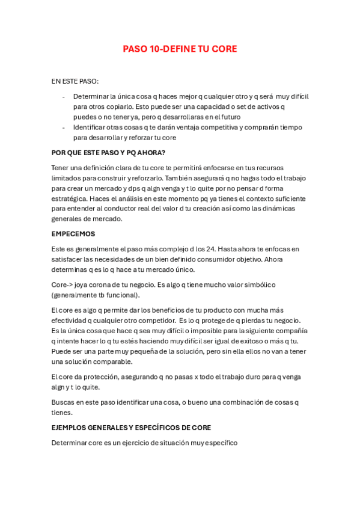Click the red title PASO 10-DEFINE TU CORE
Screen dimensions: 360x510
coord(180,49)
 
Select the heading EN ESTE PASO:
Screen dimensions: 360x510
coord(75,81)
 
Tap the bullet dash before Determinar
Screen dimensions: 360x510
coord(64,96)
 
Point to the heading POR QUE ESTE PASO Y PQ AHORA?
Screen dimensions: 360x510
coord(108,152)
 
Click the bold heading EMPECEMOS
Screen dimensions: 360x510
coord(73,233)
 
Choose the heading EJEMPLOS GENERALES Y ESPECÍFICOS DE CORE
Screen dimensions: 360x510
coord(131,428)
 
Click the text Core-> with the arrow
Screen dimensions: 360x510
coord(63,284)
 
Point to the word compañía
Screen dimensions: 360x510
coord(290,331)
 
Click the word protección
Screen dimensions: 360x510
coord(96,376)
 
